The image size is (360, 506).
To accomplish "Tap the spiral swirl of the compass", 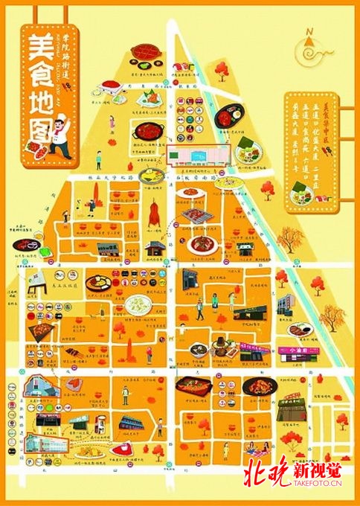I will click(x=307, y=51).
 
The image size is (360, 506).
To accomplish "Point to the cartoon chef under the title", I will click(x=57, y=144).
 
